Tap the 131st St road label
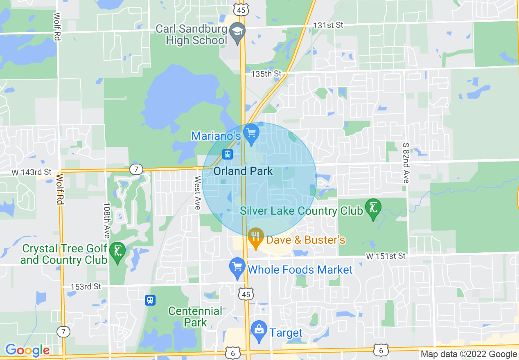(328, 25)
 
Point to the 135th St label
(266, 74)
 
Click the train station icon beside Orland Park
(227, 154)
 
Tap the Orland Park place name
(243, 171)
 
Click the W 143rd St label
(32, 172)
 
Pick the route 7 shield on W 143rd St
(136, 169)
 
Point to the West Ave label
(197, 193)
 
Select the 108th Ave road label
(106, 220)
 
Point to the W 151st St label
(386, 256)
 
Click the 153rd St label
(86, 287)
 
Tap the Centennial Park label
(195, 317)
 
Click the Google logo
(27, 350)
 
